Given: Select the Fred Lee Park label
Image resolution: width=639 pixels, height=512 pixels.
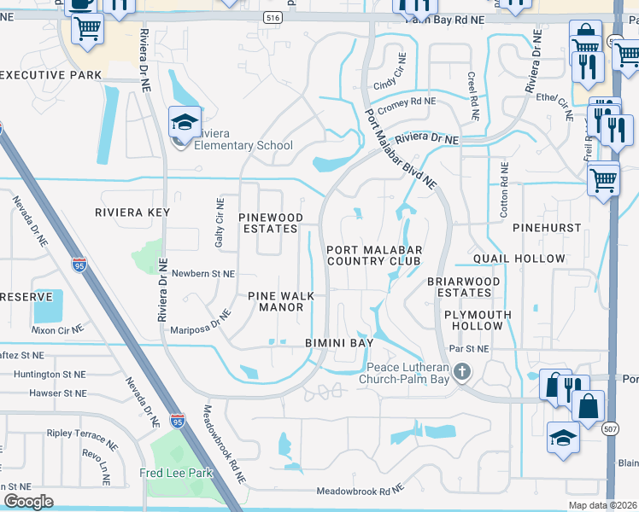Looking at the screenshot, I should [175, 473].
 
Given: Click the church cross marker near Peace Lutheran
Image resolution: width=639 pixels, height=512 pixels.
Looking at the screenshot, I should [462, 371].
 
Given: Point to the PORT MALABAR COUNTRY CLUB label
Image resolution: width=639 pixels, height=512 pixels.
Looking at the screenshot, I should [373, 255].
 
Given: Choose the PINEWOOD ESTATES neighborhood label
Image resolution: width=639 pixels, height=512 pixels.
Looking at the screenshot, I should [270, 223].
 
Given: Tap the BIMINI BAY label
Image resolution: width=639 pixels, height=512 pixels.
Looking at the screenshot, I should [340, 342].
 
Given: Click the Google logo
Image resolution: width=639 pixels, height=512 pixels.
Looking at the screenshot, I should [28, 501].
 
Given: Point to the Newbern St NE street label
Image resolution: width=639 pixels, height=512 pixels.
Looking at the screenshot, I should [203, 274].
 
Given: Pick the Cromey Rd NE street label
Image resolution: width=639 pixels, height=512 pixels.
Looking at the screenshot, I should [407, 104].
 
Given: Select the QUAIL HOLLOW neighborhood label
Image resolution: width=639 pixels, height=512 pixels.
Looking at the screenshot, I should [520, 259].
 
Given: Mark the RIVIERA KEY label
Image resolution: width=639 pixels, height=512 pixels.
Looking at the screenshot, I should [132, 212].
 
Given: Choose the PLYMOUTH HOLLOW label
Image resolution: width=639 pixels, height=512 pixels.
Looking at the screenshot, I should [478, 320].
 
